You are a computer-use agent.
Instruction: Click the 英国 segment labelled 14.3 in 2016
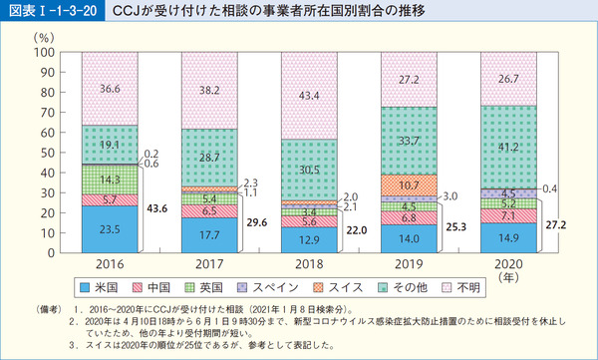coord(109,180)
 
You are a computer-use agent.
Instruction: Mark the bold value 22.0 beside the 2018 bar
coord(357,230)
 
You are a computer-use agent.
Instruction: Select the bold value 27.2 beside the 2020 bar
coord(556,226)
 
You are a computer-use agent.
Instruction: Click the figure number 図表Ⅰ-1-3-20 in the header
coord(50,13)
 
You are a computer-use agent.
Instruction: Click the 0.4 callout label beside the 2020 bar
coord(554,188)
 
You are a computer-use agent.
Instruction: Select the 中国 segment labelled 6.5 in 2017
coord(209,211)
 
